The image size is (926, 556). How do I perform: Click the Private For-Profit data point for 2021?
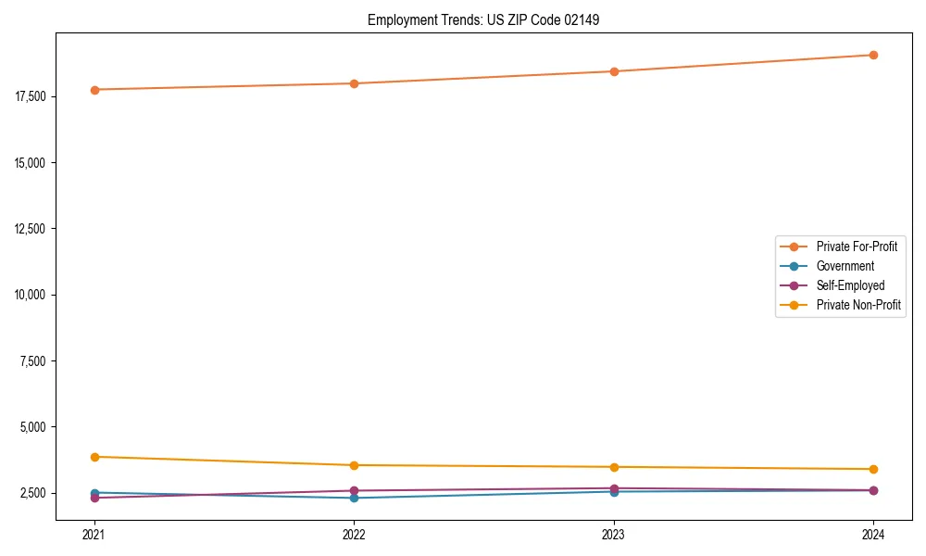[94, 90]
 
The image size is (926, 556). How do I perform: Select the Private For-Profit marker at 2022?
[354, 83]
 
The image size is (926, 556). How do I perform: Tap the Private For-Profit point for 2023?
[614, 71]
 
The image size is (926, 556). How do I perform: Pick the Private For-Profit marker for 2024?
[873, 55]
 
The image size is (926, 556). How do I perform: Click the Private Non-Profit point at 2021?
[94, 457]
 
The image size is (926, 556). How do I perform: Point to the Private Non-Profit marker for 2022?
[354, 465]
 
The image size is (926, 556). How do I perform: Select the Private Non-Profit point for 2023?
[614, 467]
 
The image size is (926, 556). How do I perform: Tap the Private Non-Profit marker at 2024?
[873, 469]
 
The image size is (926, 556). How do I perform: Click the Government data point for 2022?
[354, 499]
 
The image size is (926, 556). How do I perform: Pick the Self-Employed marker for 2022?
[354, 490]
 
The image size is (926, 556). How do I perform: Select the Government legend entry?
[845, 266]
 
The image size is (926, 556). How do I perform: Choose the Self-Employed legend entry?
[850, 285]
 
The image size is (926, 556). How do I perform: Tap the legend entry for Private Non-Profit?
[858, 305]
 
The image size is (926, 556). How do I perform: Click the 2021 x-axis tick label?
[94, 534]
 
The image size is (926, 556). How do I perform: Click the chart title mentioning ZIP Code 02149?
[483, 19]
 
